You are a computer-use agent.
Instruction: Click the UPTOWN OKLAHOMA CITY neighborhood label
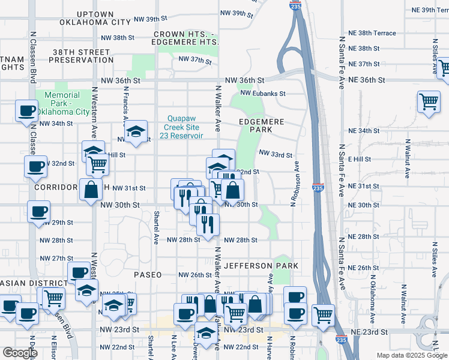pyautogui.click(x=95, y=17)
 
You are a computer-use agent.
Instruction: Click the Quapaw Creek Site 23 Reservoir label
pyautogui.click(x=185, y=127)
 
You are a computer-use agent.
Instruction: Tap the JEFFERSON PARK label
pyautogui.click(x=261, y=265)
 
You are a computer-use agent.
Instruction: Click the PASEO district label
pyautogui.click(x=148, y=274)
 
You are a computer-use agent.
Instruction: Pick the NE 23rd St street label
pyautogui.click(x=367, y=332)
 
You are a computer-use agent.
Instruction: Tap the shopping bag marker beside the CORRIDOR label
pyautogui.click(x=91, y=190)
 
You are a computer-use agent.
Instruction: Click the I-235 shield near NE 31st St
pyautogui.click(x=318, y=188)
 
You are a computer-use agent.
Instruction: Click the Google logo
pyautogui.click(x=20, y=353)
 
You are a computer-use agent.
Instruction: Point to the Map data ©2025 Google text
pyautogui.click(x=411, y=355)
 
